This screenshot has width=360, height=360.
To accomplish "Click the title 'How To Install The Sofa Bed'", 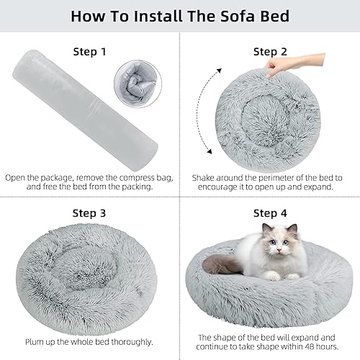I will tap(180, 16).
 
